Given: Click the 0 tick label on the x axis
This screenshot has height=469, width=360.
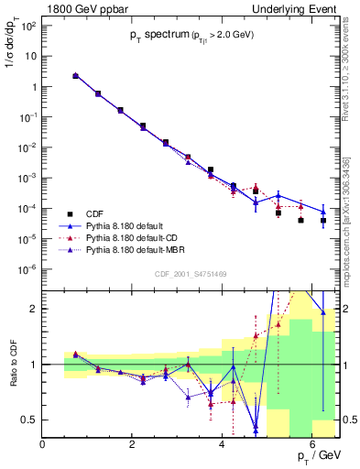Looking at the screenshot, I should (43, 444).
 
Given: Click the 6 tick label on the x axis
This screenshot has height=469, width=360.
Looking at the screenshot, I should (312, 444).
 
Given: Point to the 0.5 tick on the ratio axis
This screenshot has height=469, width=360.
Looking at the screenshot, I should (30, 420).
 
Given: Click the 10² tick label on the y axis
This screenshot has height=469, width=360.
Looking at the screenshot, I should (27, 26).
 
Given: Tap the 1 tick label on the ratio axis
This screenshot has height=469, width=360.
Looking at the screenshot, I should (35, 365).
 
